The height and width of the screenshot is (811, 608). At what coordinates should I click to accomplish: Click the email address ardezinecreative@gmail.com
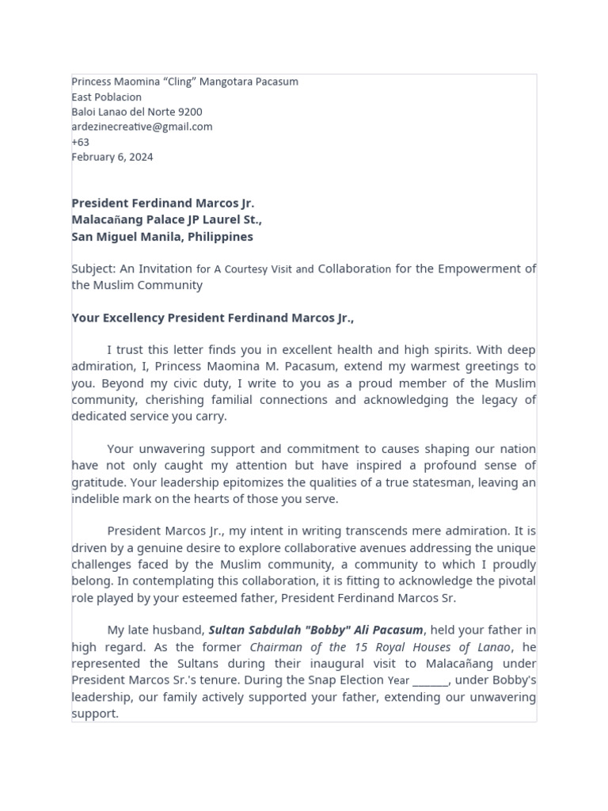[142, 127]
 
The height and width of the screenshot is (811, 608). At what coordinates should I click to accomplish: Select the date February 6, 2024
[112, 157]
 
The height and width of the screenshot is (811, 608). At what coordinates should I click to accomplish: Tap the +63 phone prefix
[80, 143]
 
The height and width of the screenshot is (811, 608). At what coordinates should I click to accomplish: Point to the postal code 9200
[190, 112]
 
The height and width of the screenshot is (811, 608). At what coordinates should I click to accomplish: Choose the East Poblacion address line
[107, 97]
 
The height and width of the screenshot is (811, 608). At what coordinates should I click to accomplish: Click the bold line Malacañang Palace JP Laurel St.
[166, 220]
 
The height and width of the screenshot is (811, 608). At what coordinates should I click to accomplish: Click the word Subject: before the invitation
[93, 269]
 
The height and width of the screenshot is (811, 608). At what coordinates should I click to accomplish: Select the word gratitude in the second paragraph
[99, 482]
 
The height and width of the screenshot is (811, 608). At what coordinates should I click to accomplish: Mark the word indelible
[96, 499]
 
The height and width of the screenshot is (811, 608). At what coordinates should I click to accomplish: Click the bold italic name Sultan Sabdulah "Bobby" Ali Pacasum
[316, 630]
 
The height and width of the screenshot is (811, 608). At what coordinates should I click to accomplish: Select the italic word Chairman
[278, 647]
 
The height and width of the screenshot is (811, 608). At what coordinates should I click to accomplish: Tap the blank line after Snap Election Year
[430, 681]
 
